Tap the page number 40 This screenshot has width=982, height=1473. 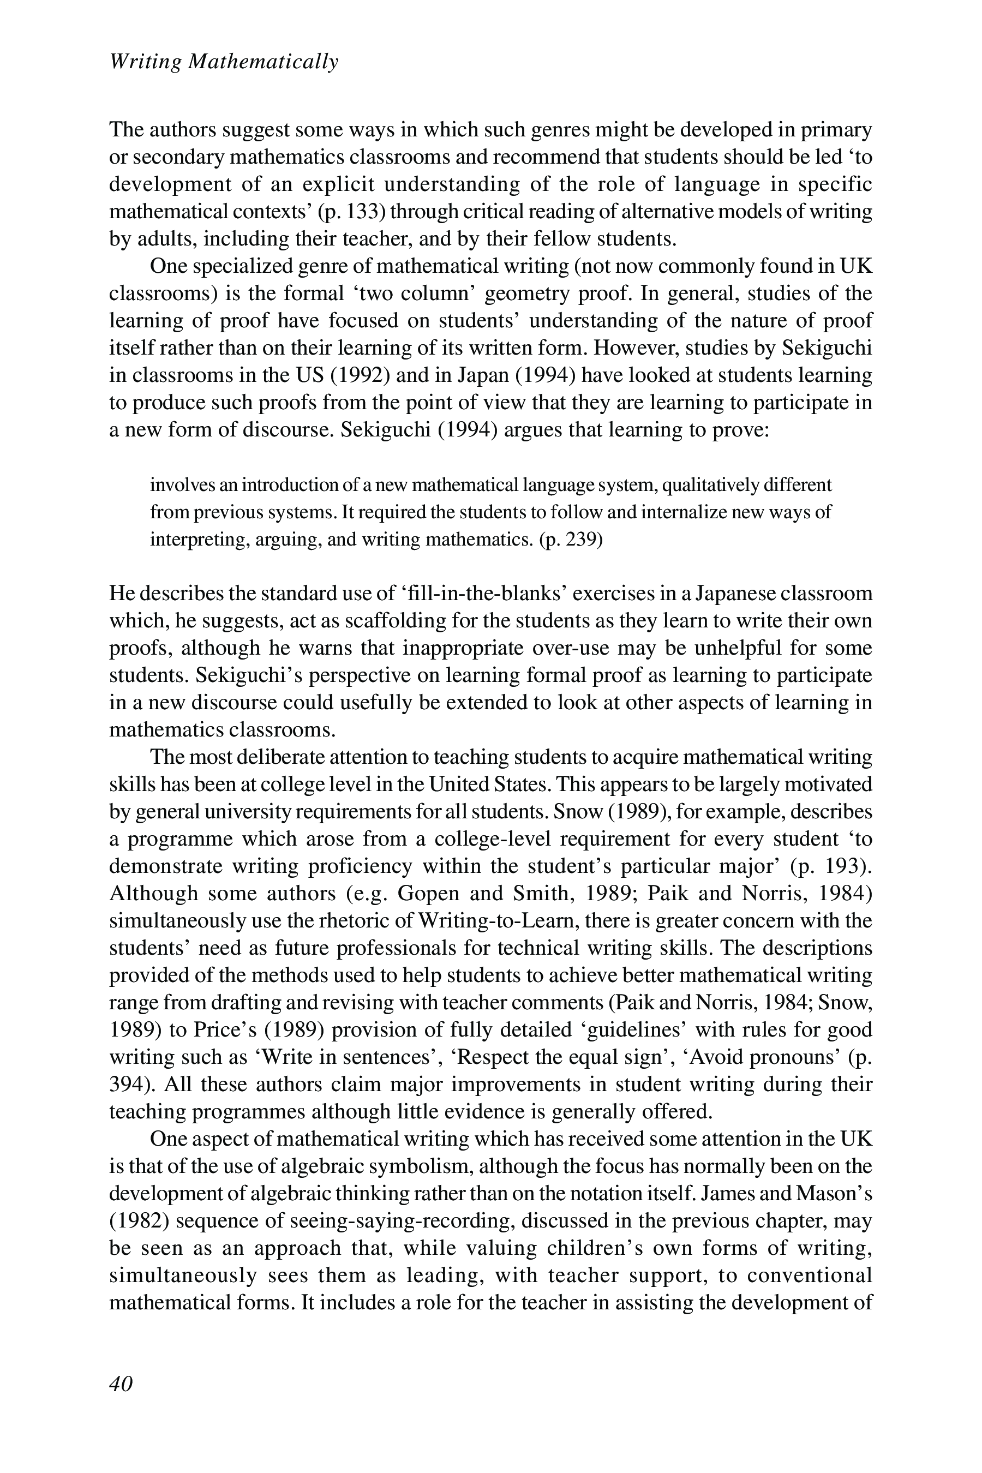pos(121,1384)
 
